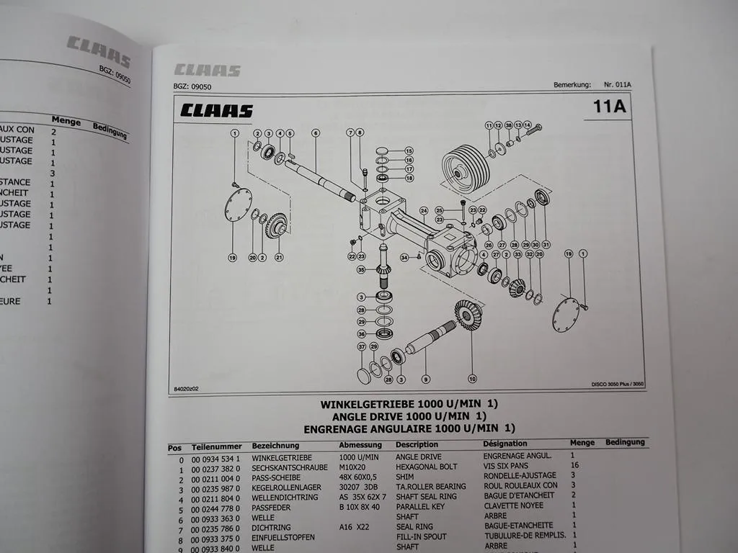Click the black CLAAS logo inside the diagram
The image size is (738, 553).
216,111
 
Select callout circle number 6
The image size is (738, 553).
315,133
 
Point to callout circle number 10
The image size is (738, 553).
472,378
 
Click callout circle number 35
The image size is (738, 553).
361,270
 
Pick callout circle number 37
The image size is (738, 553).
362,347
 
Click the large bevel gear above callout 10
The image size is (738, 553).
468,315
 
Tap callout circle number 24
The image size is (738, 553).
424,211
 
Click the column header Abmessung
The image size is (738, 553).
360,445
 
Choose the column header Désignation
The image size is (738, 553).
504,444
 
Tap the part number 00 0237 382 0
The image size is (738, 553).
216,467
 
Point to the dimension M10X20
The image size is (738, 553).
353,467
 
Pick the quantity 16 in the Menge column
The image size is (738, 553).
575,465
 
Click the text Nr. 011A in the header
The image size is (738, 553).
617,84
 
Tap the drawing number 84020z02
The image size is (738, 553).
186,389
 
